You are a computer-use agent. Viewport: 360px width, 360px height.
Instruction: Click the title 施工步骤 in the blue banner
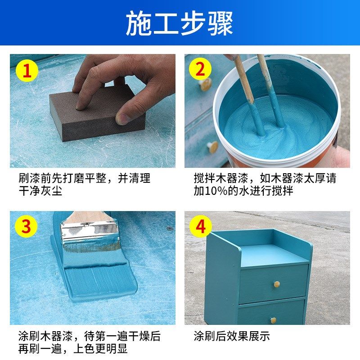[x=180, y=23]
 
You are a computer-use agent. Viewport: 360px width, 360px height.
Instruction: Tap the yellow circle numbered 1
[x=27, y=71]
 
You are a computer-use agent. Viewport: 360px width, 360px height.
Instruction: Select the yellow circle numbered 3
[x=26, y=226]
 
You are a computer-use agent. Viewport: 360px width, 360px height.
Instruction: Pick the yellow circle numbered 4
[x=200, y=226]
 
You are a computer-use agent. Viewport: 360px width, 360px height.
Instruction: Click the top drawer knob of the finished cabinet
[x=277, y=284]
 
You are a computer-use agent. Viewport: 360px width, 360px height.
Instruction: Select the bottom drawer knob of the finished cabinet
[x=273, y=320]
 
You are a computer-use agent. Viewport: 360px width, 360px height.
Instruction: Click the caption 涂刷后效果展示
[x=232, y=336]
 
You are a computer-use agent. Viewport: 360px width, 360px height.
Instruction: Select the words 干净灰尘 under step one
[x=40, y=191]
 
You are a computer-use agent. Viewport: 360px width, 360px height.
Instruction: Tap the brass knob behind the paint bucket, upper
[x=206, y=84]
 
